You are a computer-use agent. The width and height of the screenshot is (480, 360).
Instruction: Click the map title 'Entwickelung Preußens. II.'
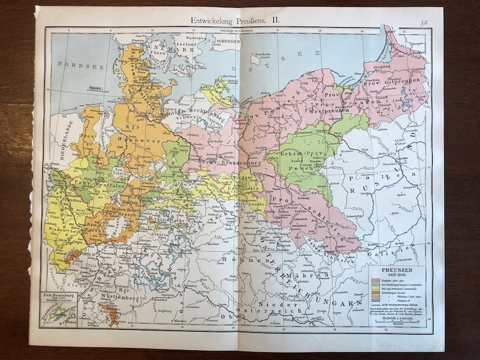click(241, 20)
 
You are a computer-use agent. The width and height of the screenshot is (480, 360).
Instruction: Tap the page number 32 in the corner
click(426, 23)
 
